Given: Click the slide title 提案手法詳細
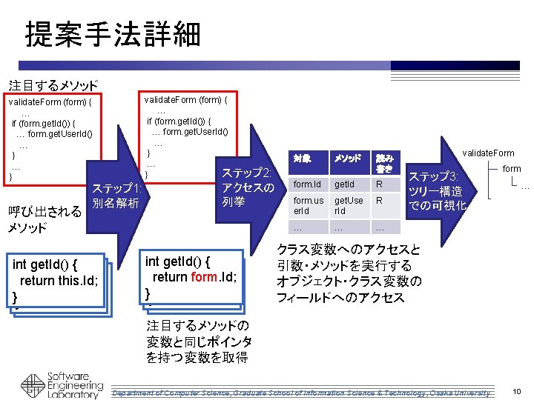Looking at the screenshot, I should [x=112, y=33].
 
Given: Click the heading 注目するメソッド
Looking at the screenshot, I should [x=53, y=86].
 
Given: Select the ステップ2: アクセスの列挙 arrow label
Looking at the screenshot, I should [x=248, y=187].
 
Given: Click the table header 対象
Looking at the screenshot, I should [x=301, y=159].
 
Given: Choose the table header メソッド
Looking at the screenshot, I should [x=347, y=159].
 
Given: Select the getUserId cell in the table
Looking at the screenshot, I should [x=349, y=205].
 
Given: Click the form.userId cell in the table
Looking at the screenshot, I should [x=308, y=205].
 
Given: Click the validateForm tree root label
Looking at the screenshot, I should [x=488, y=153].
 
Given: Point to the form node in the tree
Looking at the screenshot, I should [x=512, y=169].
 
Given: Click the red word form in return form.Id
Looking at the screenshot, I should [x=204, y=277].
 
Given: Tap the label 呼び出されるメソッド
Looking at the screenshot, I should [x=44, y=220].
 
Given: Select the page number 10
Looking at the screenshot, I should [x=516, y=390].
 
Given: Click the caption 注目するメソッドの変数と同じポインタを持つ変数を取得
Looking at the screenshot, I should [x=199, y=341].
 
